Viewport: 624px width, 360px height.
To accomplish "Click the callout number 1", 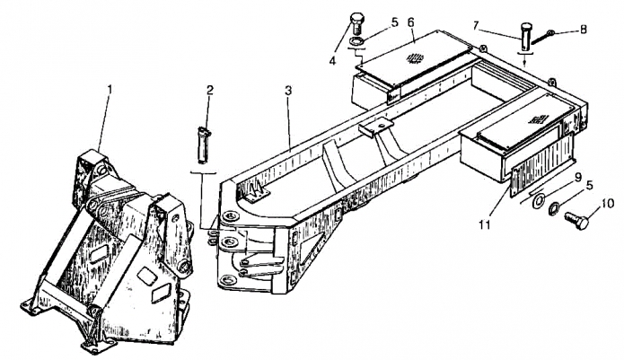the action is click(x=110, y=89).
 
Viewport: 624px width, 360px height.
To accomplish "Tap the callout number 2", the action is click(x=210, y=91).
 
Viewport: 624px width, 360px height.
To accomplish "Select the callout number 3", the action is click(x=288, y=91).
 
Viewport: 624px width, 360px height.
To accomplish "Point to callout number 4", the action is click(x=333, y=61).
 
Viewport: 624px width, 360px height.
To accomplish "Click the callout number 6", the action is click(x=410, y=22).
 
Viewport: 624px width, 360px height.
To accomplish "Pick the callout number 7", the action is click(x=476, y=26).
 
